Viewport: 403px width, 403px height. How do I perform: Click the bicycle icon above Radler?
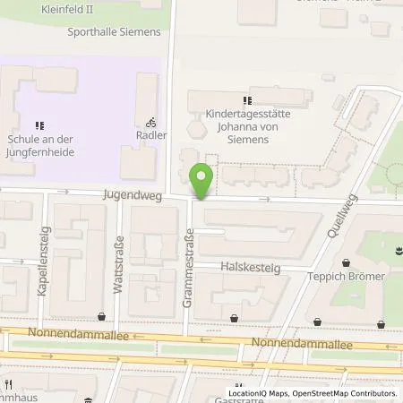[150, 123]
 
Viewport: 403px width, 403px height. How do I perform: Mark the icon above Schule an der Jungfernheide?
[38, 125]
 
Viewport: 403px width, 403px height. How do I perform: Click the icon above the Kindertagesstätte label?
[247, 99]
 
